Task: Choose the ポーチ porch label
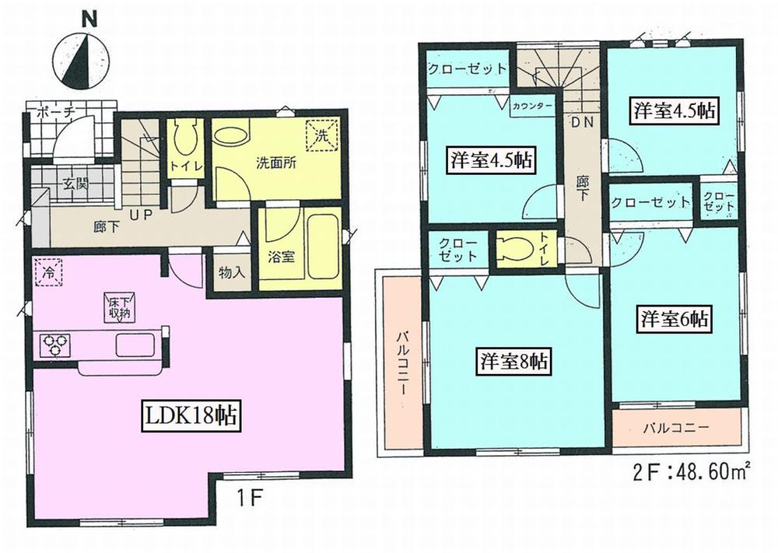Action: [55, 114]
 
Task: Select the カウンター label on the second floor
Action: [533, 106]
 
